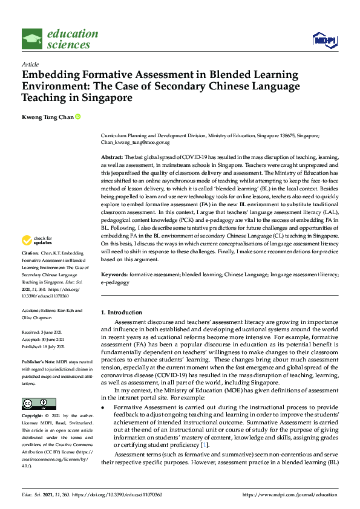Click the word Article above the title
pos(30,63)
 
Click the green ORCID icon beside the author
pos(78,117)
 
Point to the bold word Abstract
pos(112,157)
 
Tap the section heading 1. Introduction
pos(122,313)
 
